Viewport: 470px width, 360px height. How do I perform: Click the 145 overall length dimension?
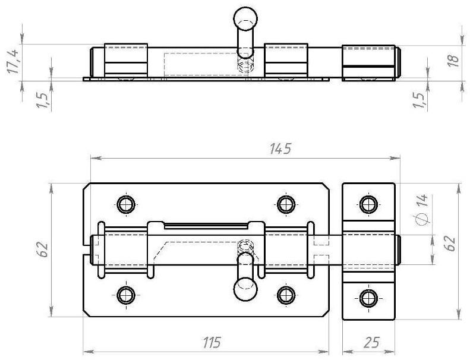click(280, 149)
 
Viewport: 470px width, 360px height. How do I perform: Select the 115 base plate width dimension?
click(212, 342)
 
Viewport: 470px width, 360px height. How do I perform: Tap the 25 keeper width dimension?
click(371, 342)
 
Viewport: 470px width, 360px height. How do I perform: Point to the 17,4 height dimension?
click(14, 61)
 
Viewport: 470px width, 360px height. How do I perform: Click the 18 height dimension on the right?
click(454, 61)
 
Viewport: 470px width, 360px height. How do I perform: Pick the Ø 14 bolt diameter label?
click(422, 209)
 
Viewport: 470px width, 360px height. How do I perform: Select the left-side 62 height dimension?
click(42, 250)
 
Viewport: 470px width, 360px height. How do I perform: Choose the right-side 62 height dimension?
click(450, 244)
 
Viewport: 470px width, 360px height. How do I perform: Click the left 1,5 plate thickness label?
click(42, 101)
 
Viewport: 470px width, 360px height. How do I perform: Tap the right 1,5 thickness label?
click(419, 101)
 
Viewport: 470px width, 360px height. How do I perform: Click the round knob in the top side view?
click(245, 18)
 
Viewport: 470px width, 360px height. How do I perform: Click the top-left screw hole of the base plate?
click(126, 204)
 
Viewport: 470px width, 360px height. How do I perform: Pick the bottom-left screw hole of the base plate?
click(126, 295)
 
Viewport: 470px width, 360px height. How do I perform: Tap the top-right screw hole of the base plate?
click(286, 204)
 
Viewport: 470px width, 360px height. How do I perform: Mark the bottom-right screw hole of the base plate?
click(286, 295)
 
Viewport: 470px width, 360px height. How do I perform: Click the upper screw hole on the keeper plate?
click(368, 204)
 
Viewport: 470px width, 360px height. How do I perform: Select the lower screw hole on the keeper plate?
click(368, 298)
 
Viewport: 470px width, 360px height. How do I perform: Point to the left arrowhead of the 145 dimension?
click(96, 158)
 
